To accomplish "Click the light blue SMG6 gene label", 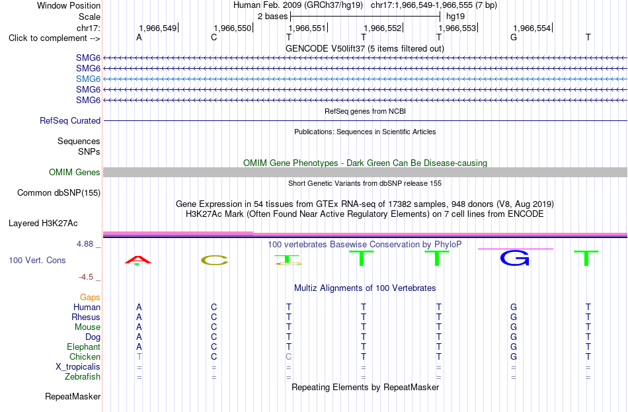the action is click(x=88, y=79).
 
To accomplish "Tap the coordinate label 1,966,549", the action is click(x=157, y=28).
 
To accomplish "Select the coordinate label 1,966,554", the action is click(x=532, y=28).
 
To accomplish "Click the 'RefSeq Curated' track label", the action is click(x=70, y=120).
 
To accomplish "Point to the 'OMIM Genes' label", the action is click(x=75, y=173).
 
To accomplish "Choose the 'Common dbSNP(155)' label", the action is click(x=59, y=193).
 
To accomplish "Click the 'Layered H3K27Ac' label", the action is click(x=43, y=224).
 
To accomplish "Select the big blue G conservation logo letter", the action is click(x=515, y=258).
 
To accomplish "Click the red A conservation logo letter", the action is click(x=137, y=261).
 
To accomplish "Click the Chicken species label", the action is click(x=85, y=356).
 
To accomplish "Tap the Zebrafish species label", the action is click(x=83, y=377).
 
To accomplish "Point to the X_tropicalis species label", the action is click(x=78, y=367).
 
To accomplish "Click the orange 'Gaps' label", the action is click(x=90, y=298).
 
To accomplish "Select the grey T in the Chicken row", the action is click(x=139, y=356).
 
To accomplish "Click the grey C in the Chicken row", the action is click(x=288, y=356).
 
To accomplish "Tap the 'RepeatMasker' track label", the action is click(x=73, y=396).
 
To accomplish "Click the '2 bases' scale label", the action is click(x=273, y=17).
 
